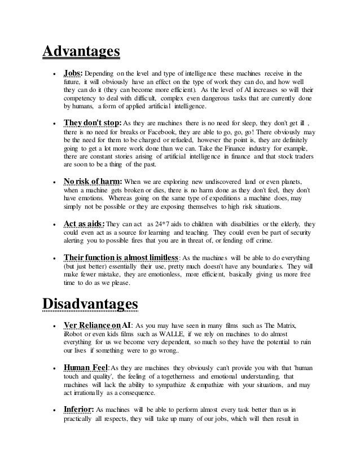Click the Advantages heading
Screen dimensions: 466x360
tap(81, 51)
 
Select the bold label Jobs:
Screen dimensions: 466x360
tap(73, 73)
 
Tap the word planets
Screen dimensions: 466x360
tap(289, 182)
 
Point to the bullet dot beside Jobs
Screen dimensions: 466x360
tap(52, 73)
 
